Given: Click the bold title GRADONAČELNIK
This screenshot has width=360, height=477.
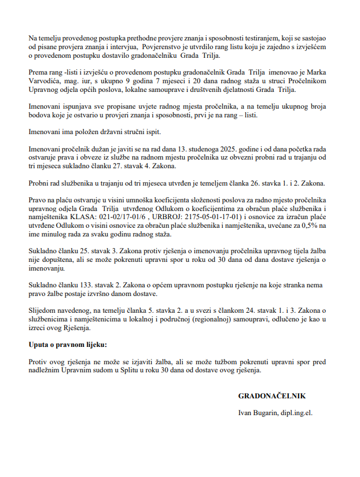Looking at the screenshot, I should (271, 396).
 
